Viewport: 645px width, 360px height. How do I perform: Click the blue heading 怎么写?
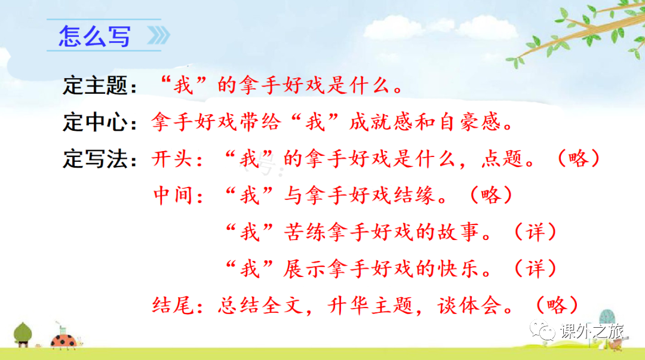(x=94, y=36)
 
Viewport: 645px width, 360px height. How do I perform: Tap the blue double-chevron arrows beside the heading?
(x=158, y=35)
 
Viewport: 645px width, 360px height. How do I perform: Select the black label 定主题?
(x=95, y=85)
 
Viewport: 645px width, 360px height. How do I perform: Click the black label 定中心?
(x=95, y=122)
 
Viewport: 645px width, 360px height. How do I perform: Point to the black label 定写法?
(x=95, y=159)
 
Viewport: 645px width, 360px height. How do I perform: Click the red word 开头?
(x=172, y=159)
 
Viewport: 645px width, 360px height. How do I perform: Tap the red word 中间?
(x=173, y=195)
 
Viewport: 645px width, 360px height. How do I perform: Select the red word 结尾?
(x=173, y=305)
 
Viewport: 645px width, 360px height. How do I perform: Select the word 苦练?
(x=305, y=232)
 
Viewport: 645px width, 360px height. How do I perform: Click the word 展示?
(x=305, y=269)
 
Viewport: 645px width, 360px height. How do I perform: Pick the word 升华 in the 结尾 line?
(x=349, y=305)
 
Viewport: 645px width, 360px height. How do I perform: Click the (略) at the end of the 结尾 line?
(x=557, y=305)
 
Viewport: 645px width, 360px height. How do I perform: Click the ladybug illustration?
(x=64, y=340)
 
